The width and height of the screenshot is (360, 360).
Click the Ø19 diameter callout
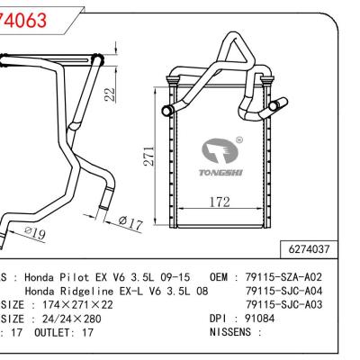coord(33,233)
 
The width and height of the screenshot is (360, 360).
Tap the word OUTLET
coord(53,331)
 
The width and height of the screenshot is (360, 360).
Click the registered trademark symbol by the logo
coord(238,139)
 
